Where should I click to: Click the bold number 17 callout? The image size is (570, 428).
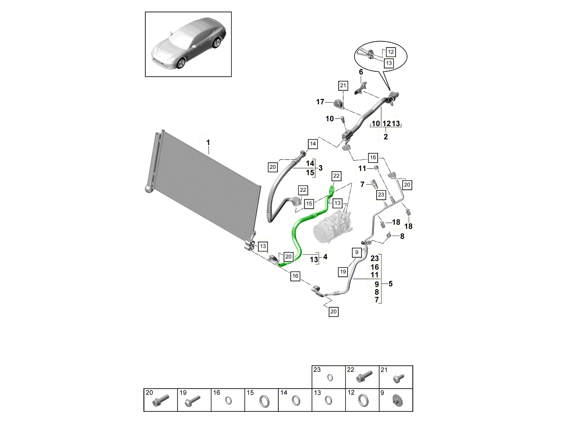(x=321, y=102)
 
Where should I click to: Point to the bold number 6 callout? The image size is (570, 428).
(x=361, y=72)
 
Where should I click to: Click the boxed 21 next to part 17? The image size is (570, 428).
(x=343, y=86)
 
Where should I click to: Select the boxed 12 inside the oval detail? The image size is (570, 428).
(x=390, y=51)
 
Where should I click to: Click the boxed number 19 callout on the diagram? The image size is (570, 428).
(x=343, y=272)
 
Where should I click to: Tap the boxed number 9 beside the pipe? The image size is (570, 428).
(x=356, y=252)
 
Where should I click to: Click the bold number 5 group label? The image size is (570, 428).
(x=390, y=284)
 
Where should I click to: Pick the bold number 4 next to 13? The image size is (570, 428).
(x=325, y=257)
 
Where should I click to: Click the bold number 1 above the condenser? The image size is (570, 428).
(x=208, y=142)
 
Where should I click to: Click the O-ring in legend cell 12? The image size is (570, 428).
(x=364, y=400)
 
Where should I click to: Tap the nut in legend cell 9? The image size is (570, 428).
(x=397, y=400)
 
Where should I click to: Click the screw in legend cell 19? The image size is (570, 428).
(x=195, y=400)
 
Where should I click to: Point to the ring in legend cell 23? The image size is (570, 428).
(x=330, y=378)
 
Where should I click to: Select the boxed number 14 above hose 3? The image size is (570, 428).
(x=313, y=144)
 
